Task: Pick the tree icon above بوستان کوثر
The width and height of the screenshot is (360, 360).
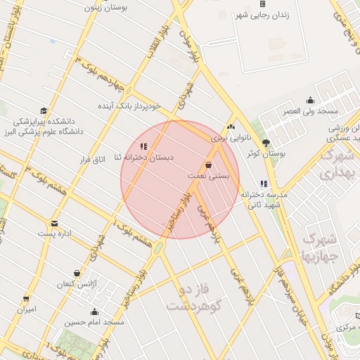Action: pos(266,142)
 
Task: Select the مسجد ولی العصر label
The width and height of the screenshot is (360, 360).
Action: pos(311,112)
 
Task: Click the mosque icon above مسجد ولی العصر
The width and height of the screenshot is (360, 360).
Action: pos(311,101)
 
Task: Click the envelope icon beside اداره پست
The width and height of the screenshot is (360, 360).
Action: pos(55,224)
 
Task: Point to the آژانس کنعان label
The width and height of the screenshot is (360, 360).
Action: pos(77,284)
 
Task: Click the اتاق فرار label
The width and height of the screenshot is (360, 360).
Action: pos(92,160)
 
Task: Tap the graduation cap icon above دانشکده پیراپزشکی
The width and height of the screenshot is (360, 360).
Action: pos(44,110)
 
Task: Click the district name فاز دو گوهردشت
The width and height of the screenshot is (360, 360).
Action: pos(195,297)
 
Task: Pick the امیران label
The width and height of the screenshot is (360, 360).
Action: pos(27,309)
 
